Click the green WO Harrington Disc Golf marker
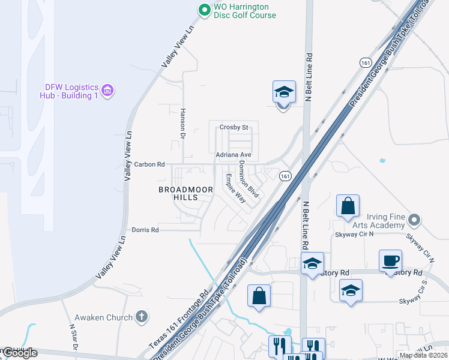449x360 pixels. pyautogui.click(x=204, y=9)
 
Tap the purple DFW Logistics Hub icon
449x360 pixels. pyautogui.click(x=107, y=91)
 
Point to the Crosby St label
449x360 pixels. pyautogui.click(x=234, y=127)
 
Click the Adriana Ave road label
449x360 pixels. pyautogui.click(x=233, y=155)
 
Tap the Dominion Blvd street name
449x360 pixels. pyautogui.click(x=248, y=179)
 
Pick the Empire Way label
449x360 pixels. pyautogui.click(x=235, y=188)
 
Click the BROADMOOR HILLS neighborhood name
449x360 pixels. pyautogui.click(x=186, y=194)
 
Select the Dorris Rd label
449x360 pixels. pyautogui.click(x=145, y=230)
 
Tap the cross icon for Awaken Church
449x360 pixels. pyautogui.click(x=141, y=316)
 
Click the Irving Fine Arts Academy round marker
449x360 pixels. pyautogui.click(x=414, y=220)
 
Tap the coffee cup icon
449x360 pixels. pyautogui.click(x=390, y=260)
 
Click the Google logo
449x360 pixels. pyautogui.click(x=19, y=352)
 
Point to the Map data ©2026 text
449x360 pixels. pyautogui.click(x=424, y=355)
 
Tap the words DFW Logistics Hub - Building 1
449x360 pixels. pyautogui.click(x=69, y=91)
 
